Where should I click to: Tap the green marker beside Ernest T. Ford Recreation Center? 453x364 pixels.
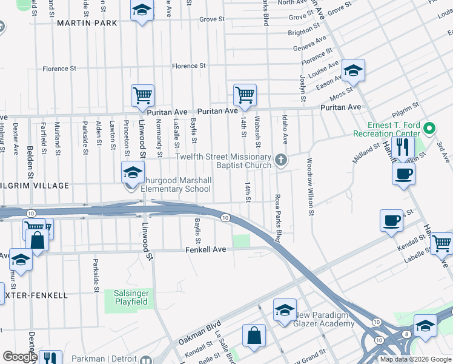429,129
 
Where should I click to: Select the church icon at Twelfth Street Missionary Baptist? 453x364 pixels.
280,160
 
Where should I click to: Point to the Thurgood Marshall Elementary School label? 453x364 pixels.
177,184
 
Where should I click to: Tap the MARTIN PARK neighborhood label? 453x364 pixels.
87,23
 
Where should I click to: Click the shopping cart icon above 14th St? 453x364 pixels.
245,95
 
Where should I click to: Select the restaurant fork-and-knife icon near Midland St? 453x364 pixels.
402,147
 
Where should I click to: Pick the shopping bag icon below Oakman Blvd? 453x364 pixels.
254,335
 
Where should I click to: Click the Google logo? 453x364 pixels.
19,357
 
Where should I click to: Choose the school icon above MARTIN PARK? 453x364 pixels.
142,11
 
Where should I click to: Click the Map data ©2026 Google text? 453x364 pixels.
415,359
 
